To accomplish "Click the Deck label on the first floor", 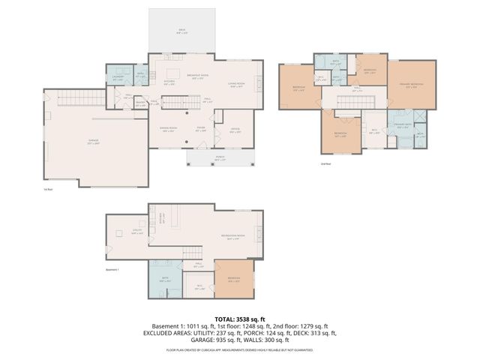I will tap(181, 31).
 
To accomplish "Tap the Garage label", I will tap(93, 142).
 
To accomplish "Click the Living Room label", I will tap(238, 85).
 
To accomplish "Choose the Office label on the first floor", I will tap(235, 130).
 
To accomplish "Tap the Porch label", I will tap(220, 158).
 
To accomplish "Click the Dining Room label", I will tap(168, 130).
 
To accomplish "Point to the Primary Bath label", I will tap(400, 126).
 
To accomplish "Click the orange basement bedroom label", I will tap(233, 278).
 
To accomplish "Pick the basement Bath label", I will tap(166, 280).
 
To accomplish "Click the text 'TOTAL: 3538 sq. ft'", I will tap(240, 319).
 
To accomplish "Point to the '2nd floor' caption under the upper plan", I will tap(325, 163).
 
